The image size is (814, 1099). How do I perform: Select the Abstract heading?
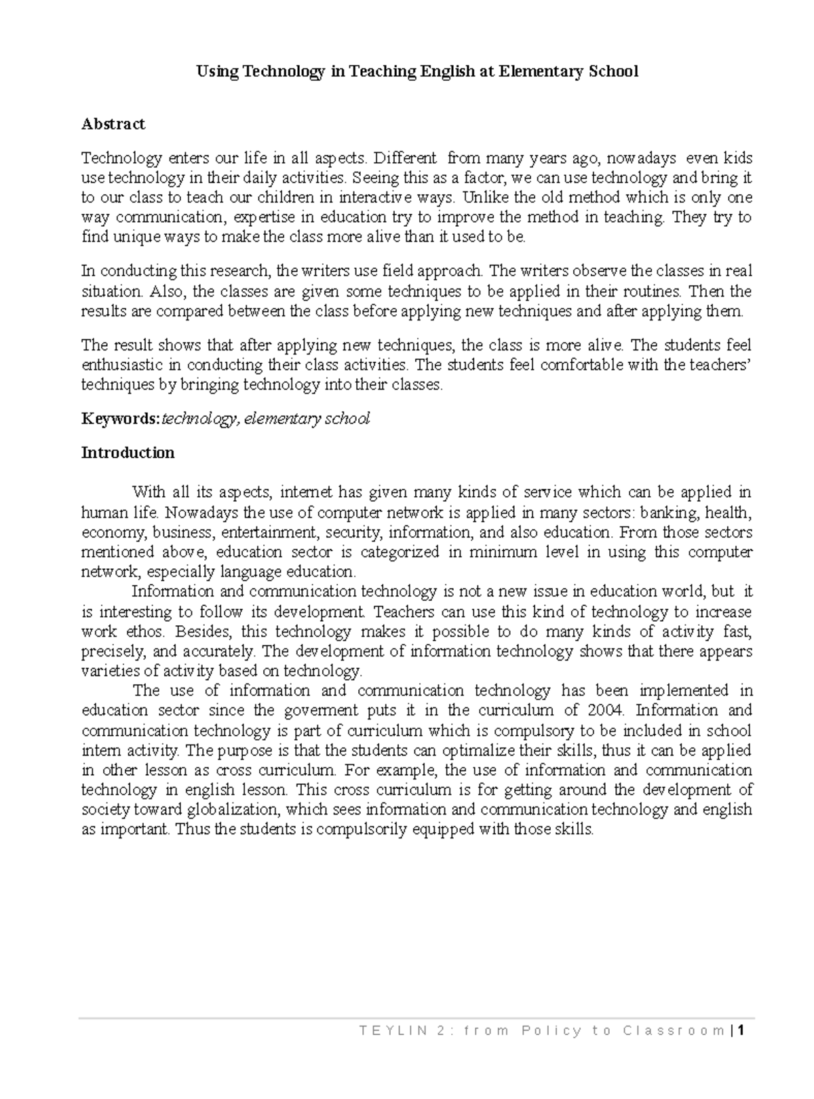(x=113, y=124)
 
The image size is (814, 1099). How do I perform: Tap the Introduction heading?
(x=128, y=453)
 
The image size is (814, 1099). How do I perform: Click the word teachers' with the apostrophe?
(x=713, y=365)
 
